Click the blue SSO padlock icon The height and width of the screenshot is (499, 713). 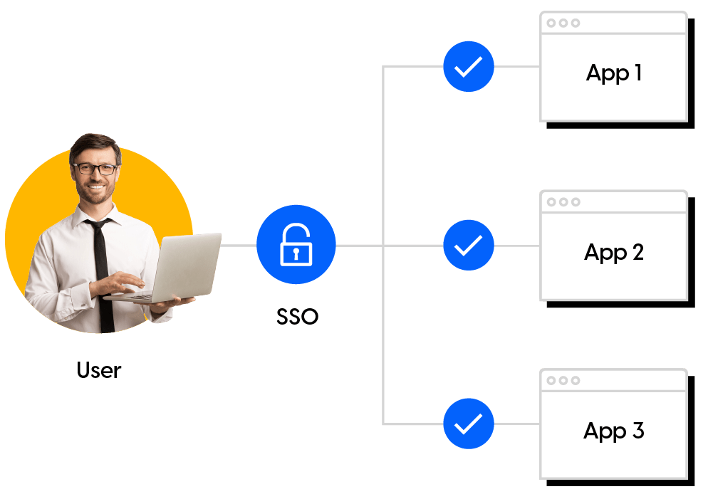click(296, 245)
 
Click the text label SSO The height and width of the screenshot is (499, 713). click(298, 316)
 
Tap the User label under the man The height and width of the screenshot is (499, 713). click(99, 370)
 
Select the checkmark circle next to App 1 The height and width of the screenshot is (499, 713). click(468, 67)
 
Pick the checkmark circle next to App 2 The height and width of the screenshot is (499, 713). click(468, 246)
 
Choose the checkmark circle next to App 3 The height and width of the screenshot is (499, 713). click(468, 424)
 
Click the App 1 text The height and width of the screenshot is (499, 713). click(614, 73)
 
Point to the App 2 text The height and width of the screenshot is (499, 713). click(614, 252)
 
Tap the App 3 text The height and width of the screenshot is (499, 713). click(614, 431)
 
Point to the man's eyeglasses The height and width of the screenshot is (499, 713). click(95, 169)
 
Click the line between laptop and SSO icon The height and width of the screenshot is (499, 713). click(239, 246)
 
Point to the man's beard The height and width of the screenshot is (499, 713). click(96, 192)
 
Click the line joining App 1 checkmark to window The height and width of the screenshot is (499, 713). click(516, 67)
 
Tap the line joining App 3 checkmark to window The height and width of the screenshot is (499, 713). click(516, 424)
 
